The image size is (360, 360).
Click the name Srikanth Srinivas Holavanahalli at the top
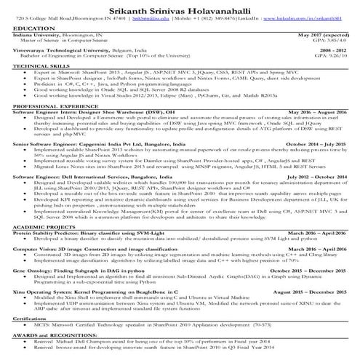tap(179, 7)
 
